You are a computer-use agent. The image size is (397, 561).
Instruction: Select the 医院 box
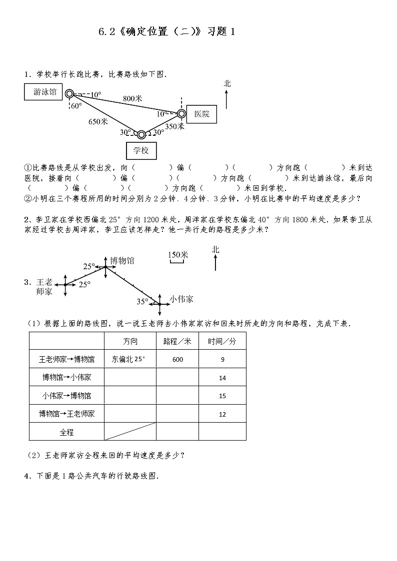coord(201,114)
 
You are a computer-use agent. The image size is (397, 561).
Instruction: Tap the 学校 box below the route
coord(141,150)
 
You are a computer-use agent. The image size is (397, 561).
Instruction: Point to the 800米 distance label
coord(132,99)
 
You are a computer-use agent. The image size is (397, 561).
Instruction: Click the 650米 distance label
coord(98,121)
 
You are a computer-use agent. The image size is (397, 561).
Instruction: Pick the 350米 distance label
coord(174,127)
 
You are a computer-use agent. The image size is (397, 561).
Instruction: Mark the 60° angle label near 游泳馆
coord(76,106)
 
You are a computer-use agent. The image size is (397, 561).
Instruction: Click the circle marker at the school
coord(141,134)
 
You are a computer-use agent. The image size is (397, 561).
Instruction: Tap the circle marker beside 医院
coord(181,113)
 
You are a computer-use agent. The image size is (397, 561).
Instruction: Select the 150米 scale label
coord(177,255)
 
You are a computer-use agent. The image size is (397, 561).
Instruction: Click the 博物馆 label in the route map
coord(122,261)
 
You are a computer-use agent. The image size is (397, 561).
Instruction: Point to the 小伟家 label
coord(181,299)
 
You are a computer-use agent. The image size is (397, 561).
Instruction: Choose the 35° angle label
coord(142,301)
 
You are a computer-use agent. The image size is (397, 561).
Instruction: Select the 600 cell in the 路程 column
coord(177,359)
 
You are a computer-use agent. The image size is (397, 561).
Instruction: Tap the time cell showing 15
coord(222,396)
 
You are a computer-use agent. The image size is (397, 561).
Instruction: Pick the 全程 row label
coord(66,432)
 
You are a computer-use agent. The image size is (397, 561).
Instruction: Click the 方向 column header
coord(129,341)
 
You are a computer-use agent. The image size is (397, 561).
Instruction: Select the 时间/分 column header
coord(222,341)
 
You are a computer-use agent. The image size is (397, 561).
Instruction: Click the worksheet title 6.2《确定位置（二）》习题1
coord(166,32)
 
